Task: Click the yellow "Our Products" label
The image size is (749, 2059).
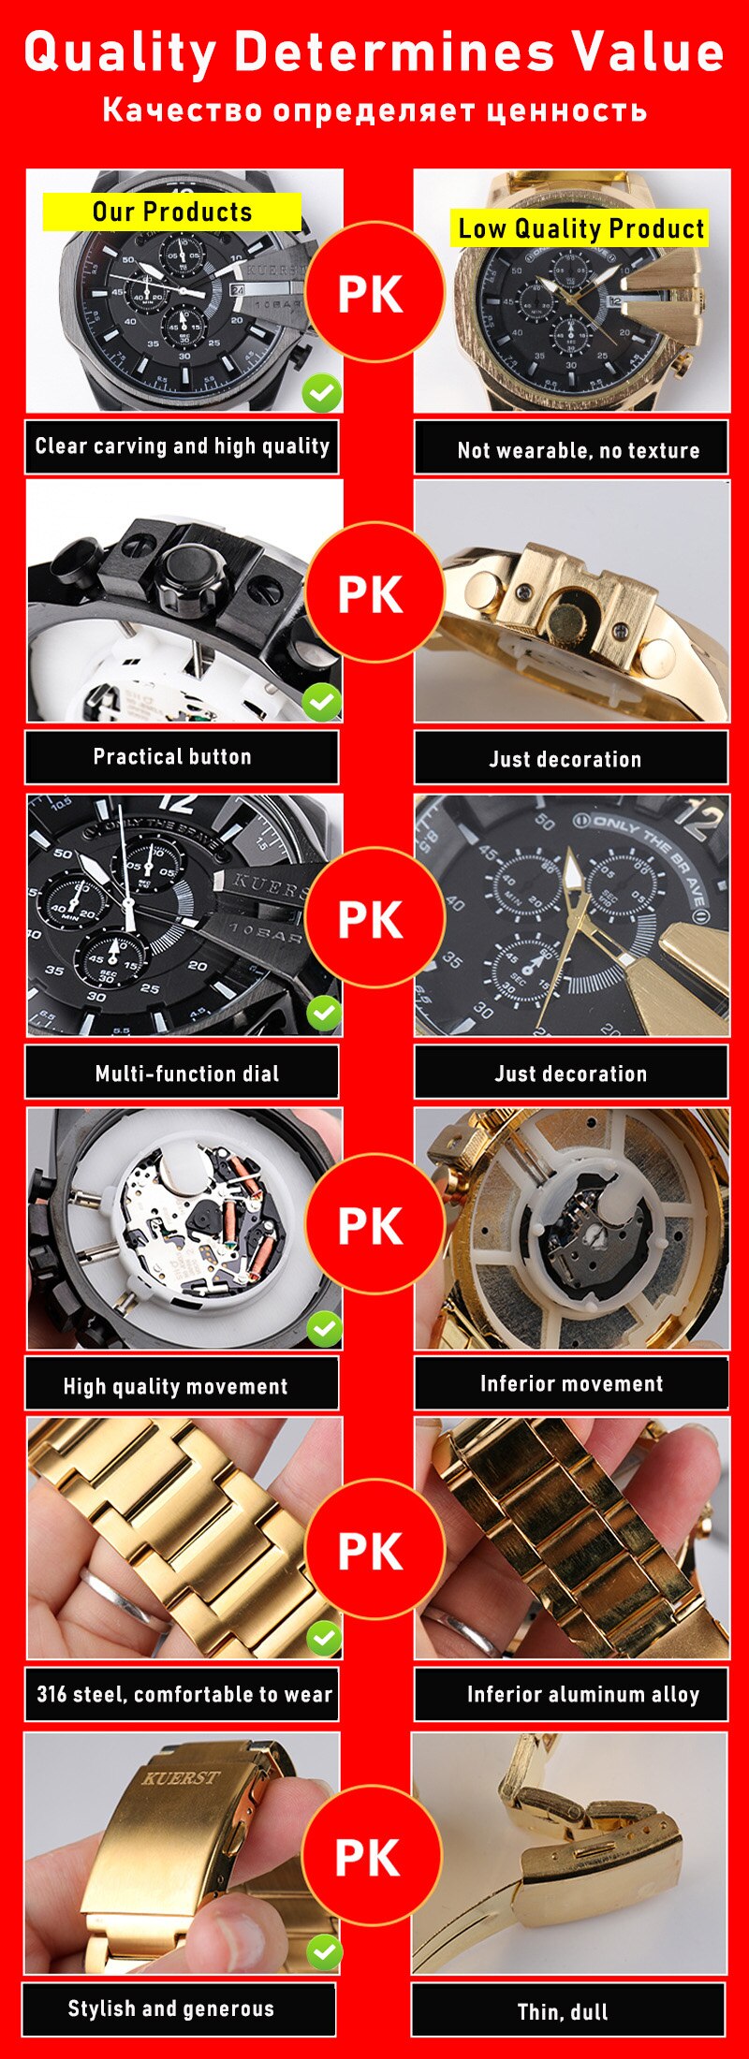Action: point(172,212)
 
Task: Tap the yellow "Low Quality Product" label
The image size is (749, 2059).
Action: point(580,228)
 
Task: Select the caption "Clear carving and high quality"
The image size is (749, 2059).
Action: point(182,446)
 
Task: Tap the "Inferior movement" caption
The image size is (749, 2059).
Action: point(571,1383)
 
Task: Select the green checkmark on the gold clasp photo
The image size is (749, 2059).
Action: point(324,1952)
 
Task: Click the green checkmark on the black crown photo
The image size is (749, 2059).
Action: point(322,702)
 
